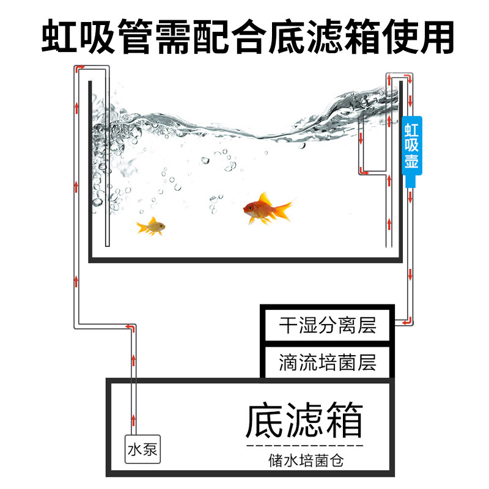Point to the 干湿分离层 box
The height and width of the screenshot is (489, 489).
point(326,324)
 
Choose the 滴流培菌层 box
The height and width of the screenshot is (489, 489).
point(326,362)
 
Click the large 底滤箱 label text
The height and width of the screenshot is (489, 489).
point(304,421)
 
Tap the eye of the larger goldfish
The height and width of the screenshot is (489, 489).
point(250,208)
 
